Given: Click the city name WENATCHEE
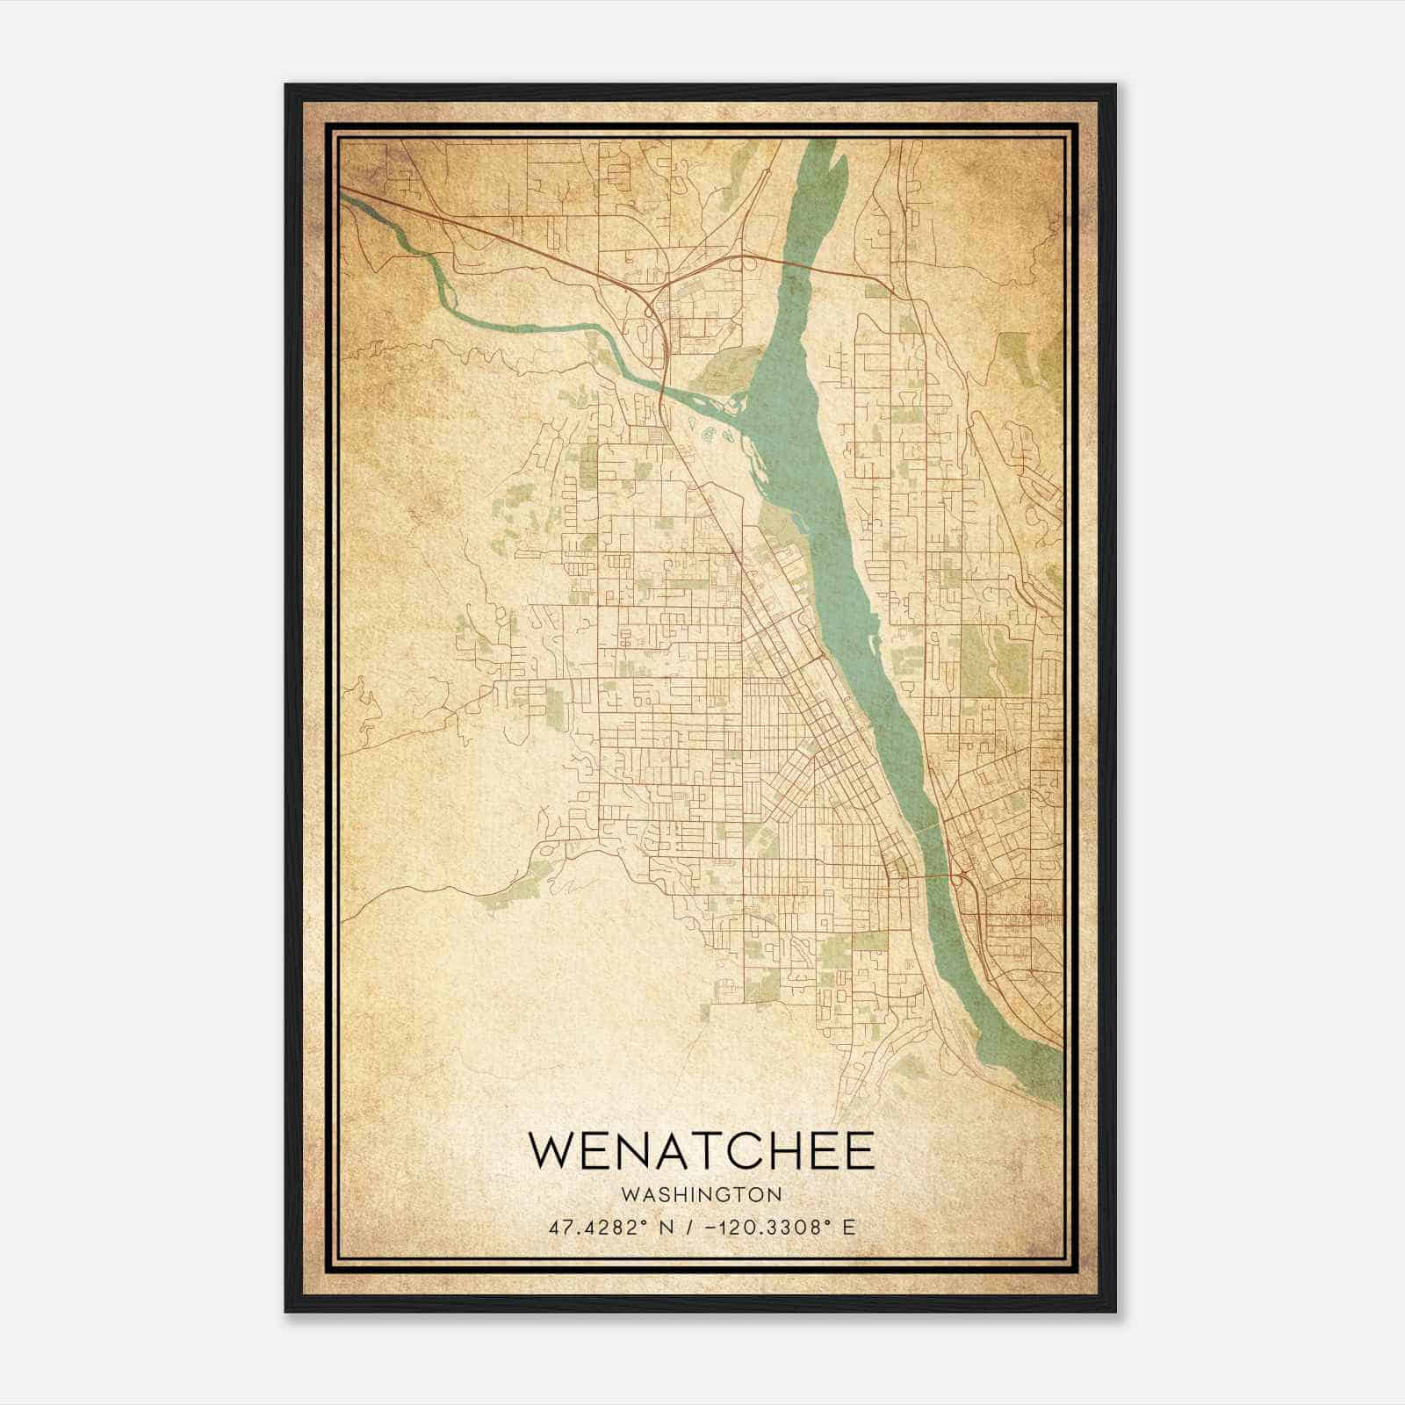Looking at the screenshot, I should (x=702, y=1150).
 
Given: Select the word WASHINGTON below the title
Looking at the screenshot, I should (x=702, y=1194).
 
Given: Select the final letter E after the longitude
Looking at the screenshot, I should (x=848, y=1228).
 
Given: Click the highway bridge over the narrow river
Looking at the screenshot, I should (x=660, y=386).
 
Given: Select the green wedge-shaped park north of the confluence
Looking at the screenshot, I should (x=729, y=362).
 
